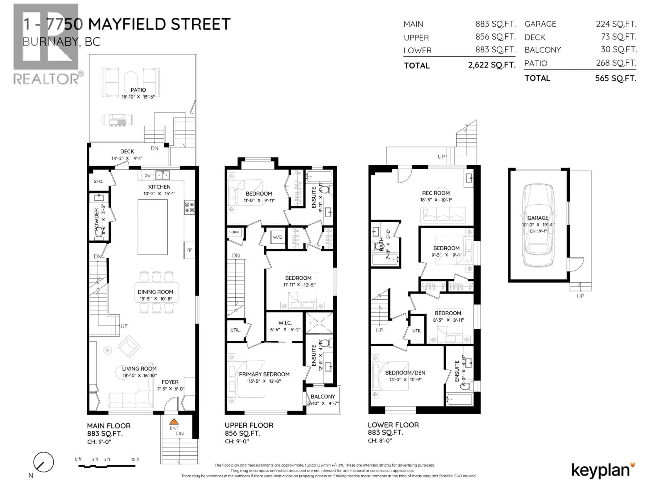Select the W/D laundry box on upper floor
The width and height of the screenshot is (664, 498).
[x=277, y=237]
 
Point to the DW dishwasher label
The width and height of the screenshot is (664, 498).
[x=147, y=176]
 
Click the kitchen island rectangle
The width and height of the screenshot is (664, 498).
[x=153, y=227]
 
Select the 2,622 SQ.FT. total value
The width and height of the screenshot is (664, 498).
[x=492, y=65]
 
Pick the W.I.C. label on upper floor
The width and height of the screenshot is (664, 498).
[x=285, y=323]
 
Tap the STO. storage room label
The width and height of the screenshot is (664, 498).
[x=98, y=181]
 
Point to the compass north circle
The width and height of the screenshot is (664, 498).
[x=44, y=462]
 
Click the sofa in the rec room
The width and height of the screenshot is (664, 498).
[x=443, y=215]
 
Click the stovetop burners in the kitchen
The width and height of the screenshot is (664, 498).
[x=189, y=207]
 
